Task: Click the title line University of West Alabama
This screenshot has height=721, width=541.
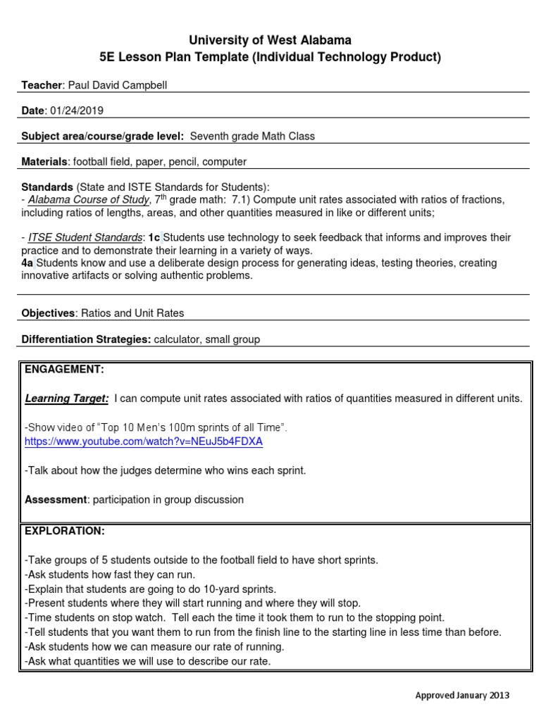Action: pyautogui.click(x=270, y=40)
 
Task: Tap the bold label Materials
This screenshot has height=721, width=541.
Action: pyautogui.click(x=44, y=161)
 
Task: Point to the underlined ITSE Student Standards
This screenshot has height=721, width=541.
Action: pyautogui.click(x=76, y=238)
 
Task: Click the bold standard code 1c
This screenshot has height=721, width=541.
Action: pyautogui.click(x=154, y=238)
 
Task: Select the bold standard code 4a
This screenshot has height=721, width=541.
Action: pyautogui.click(x=27, y=263)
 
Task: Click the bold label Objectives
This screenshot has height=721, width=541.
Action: pyautogui.click(x=48, y=313)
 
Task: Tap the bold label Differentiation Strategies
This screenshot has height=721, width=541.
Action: pyautogui.click(x=86, y=339)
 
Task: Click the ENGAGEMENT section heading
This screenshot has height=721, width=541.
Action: pyautogui.click(x=64, y=369)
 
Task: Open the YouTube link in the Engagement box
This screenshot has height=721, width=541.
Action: pyautogui.click(x=143, y=441)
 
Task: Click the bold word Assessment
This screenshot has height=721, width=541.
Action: pyautogui.click(x=56, y=499)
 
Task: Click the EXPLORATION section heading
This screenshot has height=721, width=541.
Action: pyautogui.click(x=64, y=530)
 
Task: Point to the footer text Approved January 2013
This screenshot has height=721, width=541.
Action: pyautogui.click(x=461, y=696)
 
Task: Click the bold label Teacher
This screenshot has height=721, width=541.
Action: pyautogui.click(x=42, y=85)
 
